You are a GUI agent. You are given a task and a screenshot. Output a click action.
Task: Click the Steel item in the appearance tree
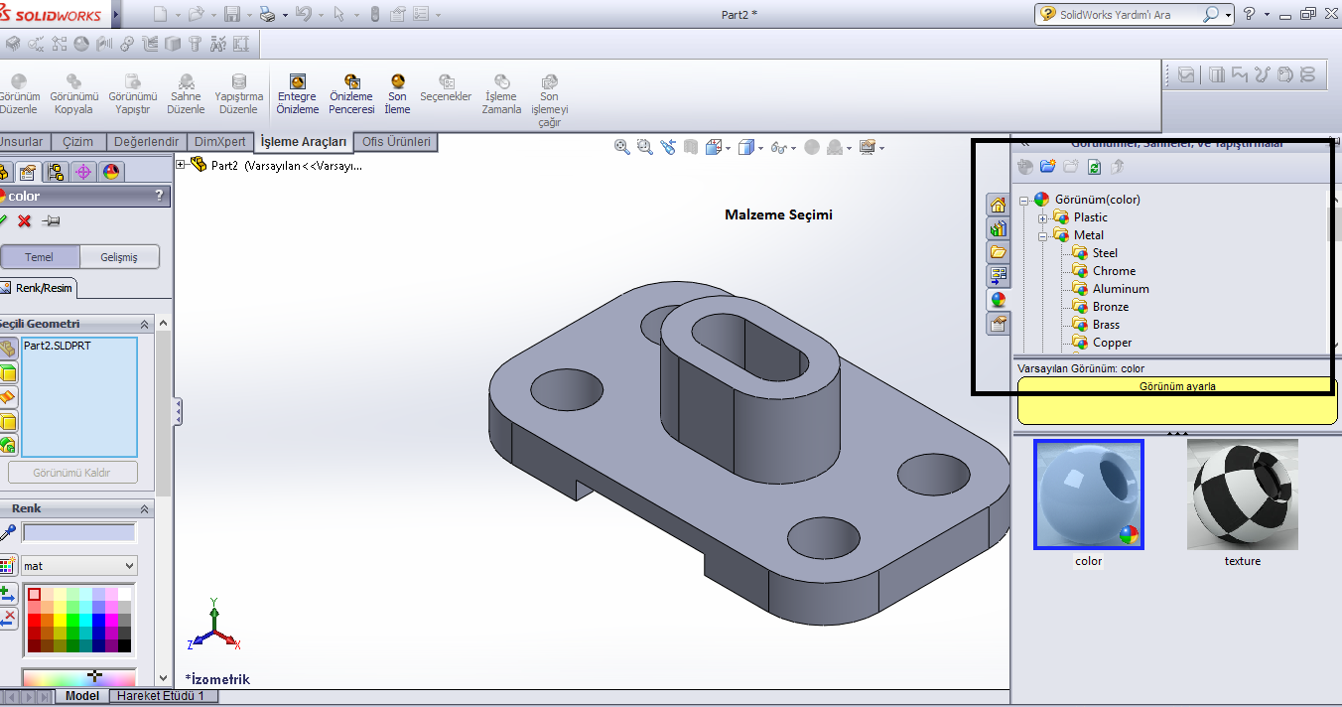[x=1104, y=253]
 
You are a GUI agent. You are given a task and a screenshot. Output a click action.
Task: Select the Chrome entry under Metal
[x=1113, y=271]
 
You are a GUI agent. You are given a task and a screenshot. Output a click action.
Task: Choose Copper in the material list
[x=1111, y=343]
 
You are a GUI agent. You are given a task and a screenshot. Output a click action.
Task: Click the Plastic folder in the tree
[x=1090, y=217]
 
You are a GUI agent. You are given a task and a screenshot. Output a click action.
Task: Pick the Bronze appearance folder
[x=1110, y=307]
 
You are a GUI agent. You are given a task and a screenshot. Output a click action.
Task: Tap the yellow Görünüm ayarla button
[x=1177, y=387]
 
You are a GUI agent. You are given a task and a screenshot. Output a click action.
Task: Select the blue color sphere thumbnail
[x=1088, y=494]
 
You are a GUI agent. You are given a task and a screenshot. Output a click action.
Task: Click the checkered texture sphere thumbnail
[x=1242, y=494]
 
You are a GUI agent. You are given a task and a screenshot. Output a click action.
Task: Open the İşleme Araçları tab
[x=303, y=142]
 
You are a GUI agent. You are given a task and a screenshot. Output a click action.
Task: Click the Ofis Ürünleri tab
[x=396, y=142]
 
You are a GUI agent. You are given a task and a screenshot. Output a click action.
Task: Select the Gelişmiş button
[x=119, y=257]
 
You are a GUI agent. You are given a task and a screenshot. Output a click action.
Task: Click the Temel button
[x=40, y=257]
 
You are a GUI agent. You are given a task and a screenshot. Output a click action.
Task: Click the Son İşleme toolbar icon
[x=397, y=95]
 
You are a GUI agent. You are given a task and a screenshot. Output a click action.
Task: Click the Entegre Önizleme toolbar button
[x=297, y=95]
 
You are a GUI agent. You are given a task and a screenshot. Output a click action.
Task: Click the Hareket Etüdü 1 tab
[x=160, y=696]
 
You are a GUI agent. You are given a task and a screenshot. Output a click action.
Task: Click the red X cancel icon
[x=25, y=220]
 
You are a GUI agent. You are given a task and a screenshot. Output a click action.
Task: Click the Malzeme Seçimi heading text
[x=778, y=215]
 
